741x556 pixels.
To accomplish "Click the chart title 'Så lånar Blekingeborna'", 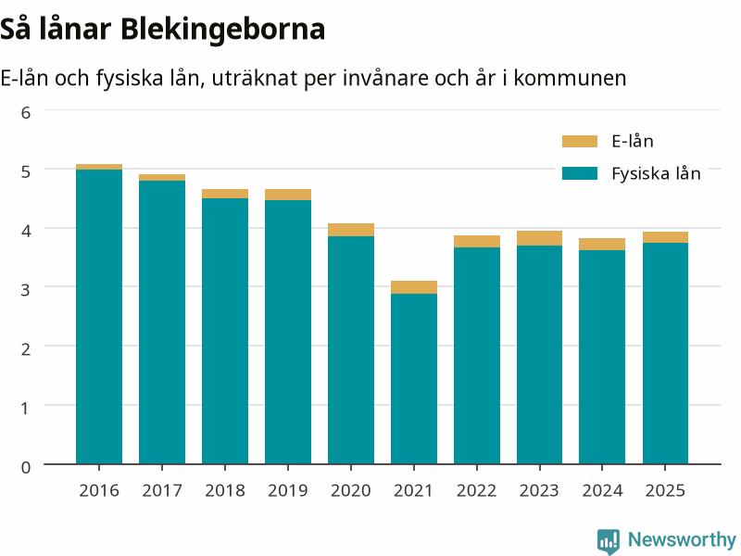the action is coord(163,30).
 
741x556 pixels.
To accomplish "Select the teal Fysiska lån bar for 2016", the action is coord(99,317).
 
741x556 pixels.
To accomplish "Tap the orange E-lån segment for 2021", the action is coord(414,287).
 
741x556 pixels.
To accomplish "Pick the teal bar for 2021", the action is coord(414,379).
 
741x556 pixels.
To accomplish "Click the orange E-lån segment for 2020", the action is coord(351,230).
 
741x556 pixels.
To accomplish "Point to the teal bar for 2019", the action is coord(288,332).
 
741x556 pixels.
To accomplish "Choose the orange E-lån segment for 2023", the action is coord(540,238).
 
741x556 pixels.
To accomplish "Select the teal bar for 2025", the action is coord(665,353).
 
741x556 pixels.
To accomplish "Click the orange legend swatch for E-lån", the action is coord(580,142).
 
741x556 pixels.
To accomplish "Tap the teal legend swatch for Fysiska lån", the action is coord(580,173).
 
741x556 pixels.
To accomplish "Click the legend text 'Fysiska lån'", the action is coord(656,173).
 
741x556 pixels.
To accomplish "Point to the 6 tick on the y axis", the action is coord(26,112).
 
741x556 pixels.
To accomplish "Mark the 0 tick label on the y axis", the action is coord(26,467).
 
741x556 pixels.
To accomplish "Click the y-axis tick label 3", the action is coord(26,289).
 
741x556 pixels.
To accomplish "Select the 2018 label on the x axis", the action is coord(225,490).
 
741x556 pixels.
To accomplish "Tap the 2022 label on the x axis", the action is coord(477,490).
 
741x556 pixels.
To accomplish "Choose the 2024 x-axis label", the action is coord(603,490).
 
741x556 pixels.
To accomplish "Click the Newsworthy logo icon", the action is coord(609,541).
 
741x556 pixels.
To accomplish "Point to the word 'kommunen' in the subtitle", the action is coord(570,79).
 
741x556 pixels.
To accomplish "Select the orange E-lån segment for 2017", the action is coord(162,178).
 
